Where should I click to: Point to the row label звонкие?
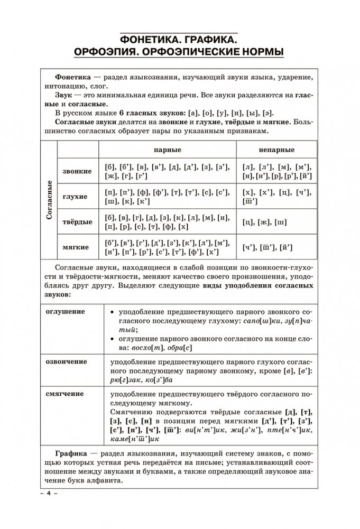[77, 171]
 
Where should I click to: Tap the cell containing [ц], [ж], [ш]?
[264, 221]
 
